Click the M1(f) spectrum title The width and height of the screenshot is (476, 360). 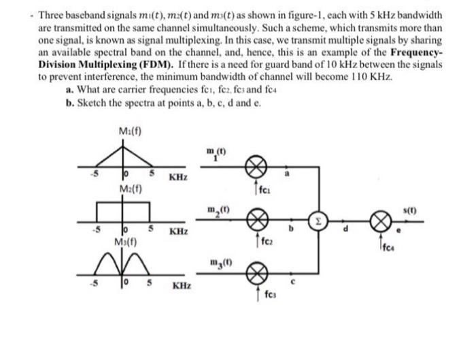[x=129, y=131]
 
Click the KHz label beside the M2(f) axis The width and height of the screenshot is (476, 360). [x=178, y=231]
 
